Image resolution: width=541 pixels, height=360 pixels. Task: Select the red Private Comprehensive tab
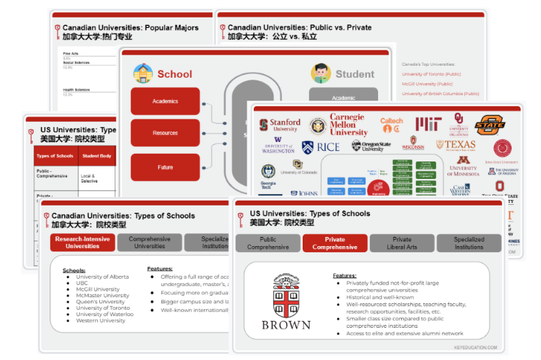335,243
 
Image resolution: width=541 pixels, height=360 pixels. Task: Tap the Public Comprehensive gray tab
268,243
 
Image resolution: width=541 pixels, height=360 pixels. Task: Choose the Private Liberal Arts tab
402,243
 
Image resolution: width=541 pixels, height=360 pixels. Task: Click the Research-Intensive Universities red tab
82,243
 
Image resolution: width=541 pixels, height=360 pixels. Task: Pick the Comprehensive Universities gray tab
150,243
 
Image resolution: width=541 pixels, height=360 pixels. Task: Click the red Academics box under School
165,101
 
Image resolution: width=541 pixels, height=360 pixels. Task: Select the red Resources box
165,133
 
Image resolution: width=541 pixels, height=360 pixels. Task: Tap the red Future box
165,168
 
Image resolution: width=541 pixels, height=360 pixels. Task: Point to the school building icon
143,73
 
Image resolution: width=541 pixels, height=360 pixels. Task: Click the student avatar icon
322,73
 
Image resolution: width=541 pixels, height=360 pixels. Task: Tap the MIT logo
428,124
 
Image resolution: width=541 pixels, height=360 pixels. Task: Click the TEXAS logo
456,145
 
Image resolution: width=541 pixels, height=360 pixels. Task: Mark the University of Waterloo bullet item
105,314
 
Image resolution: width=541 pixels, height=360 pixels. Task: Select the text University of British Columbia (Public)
440,94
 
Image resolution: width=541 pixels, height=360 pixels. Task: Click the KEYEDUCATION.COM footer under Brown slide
474,347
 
